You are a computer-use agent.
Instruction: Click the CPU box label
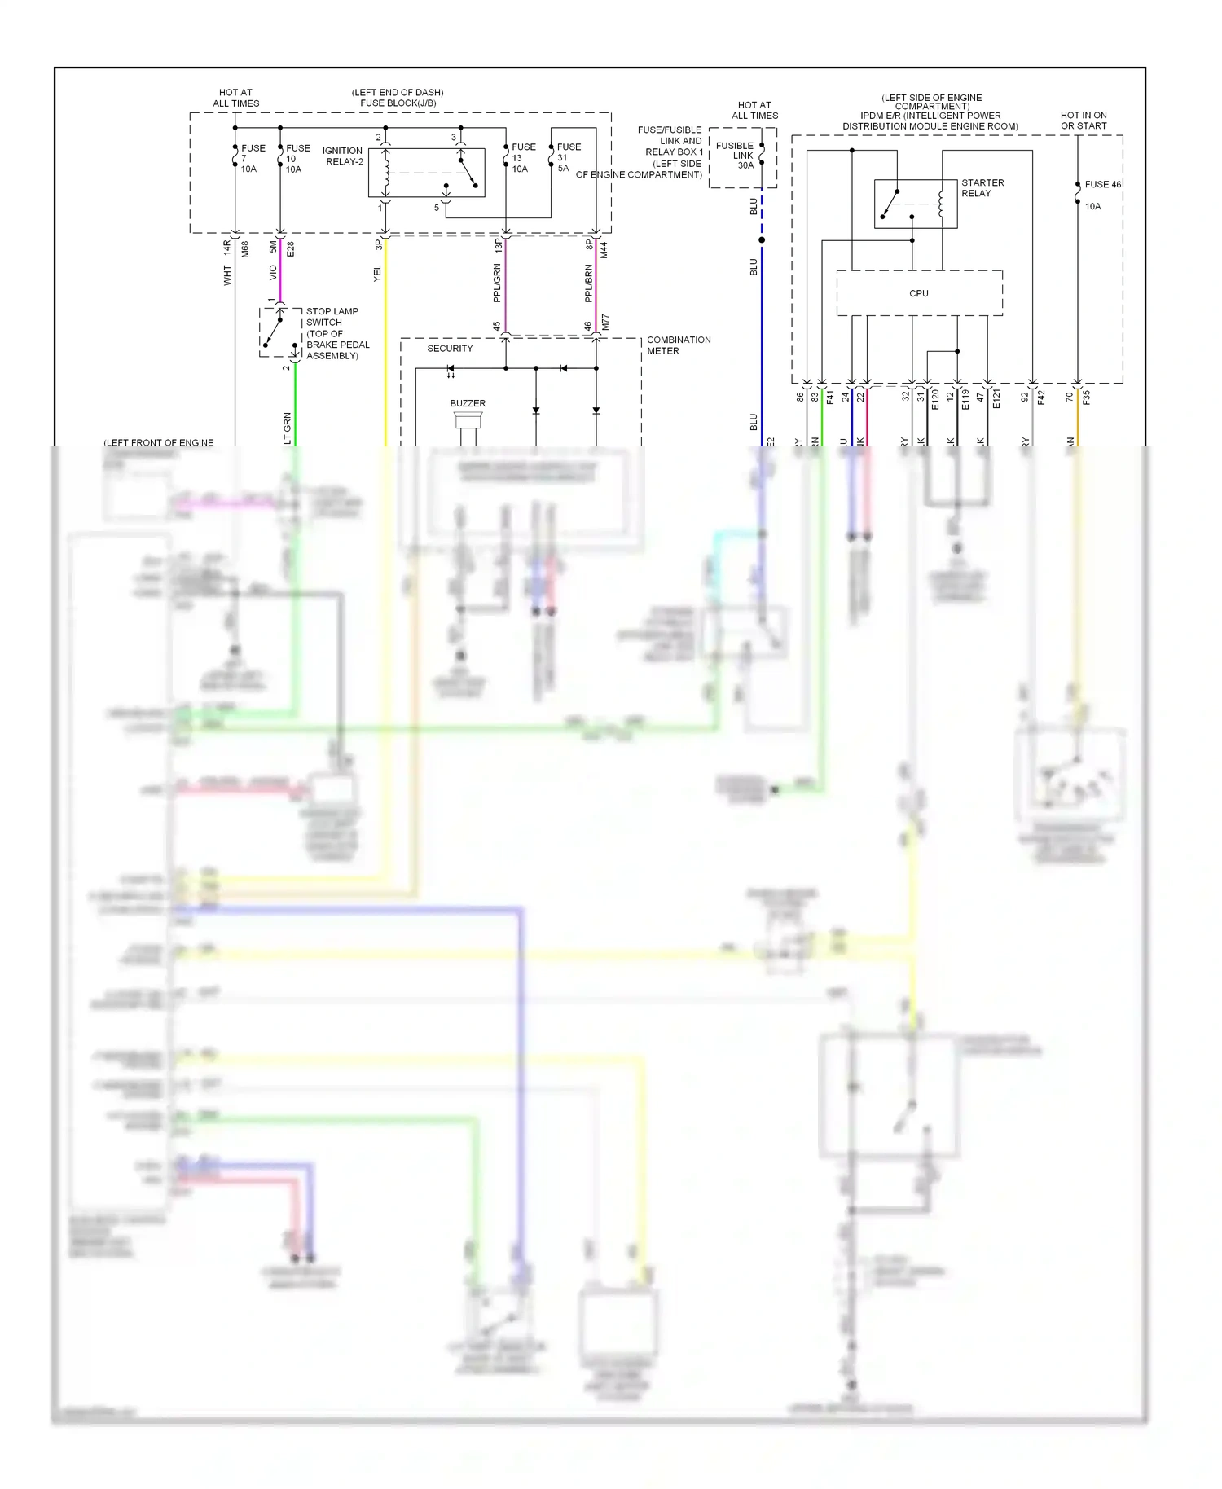[918, 293]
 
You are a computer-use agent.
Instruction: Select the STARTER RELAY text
[982, 188]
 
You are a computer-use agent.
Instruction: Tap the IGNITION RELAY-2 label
[343, 156]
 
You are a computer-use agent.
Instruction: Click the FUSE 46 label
[1102, 185]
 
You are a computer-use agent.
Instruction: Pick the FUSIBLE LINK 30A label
[736, 156]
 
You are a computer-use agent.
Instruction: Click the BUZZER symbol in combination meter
[468, 420]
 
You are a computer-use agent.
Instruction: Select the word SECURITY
[450, 349]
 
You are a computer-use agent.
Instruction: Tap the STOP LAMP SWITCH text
[332, 317]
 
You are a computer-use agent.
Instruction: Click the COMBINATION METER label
[678, 345]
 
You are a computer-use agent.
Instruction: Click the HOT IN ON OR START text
[1083, 121]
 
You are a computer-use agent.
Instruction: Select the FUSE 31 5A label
[568, 158]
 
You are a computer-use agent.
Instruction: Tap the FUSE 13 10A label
[523, 158]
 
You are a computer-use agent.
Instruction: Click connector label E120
[935, 398]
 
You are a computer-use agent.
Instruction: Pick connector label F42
[1041, 398]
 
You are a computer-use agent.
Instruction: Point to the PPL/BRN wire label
[588, 283]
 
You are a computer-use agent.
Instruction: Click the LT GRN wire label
[287, 428]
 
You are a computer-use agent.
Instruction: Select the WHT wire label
[227, 275]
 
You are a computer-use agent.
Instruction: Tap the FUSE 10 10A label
[297, 159]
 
